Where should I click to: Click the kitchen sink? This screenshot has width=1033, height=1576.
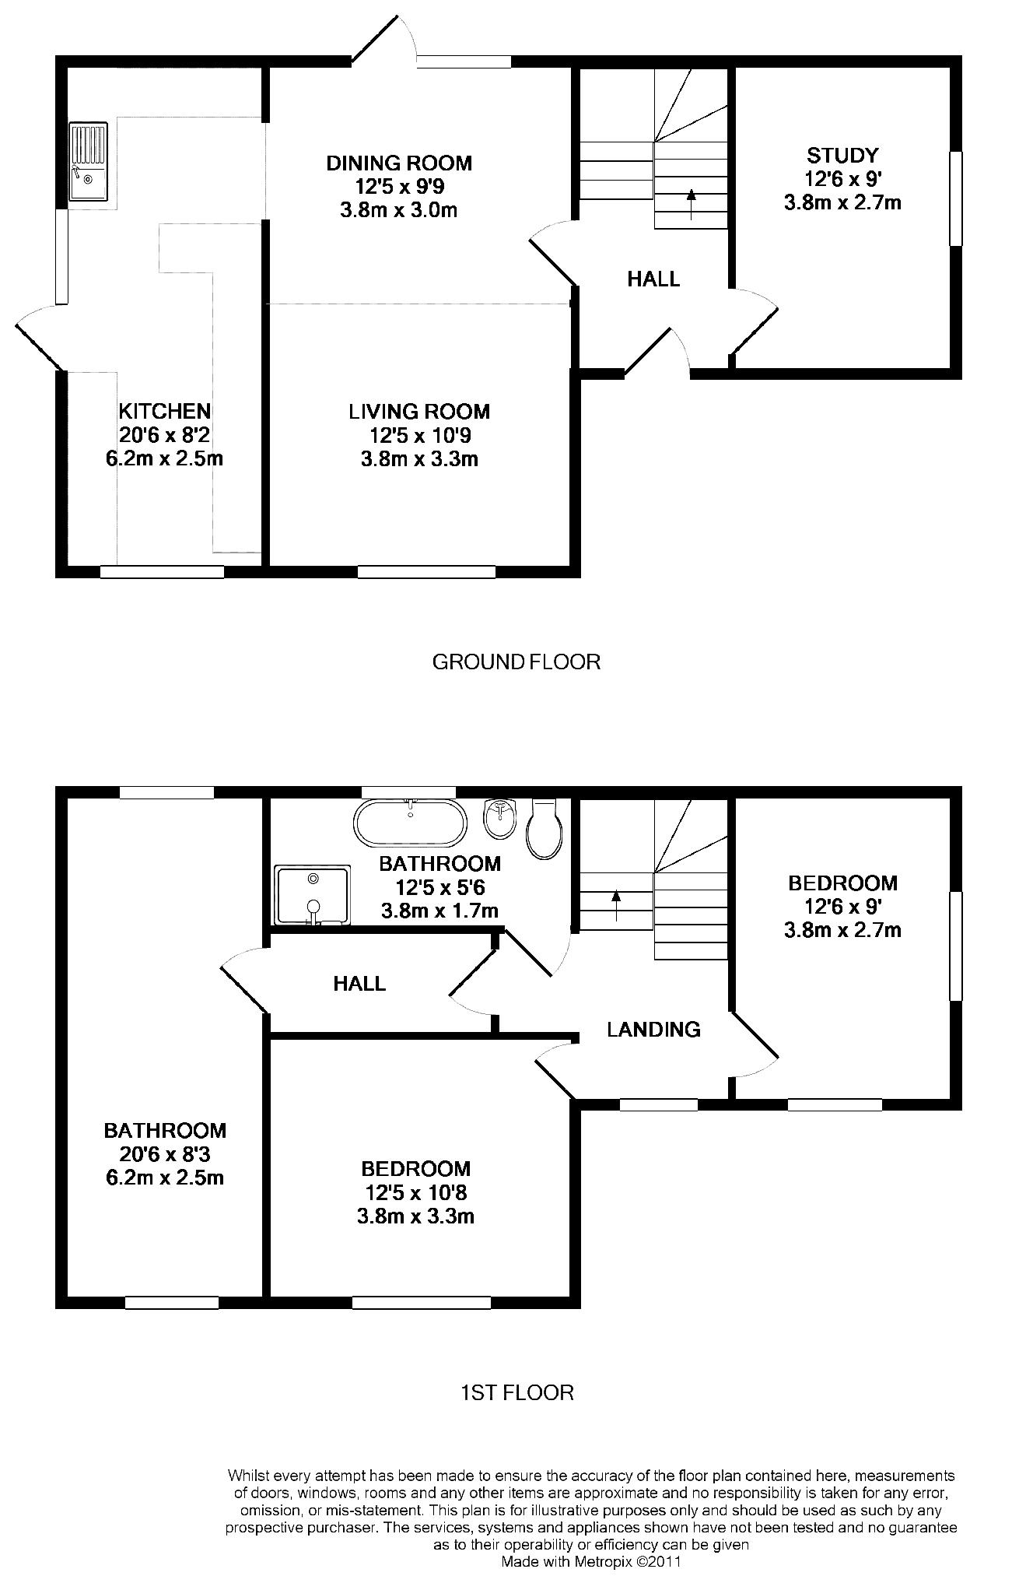click(87, 161)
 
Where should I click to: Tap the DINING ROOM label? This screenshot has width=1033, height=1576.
click(399, 163)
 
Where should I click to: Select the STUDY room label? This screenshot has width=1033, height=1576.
click(842, 155)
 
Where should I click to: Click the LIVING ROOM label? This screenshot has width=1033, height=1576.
click(419, 411)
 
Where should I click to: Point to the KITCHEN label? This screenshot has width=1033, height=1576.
click(165, 410)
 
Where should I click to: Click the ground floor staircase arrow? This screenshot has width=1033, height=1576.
click(691, 204)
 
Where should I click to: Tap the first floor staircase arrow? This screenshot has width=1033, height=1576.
click(616, 906)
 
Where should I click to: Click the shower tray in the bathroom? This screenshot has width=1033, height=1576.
click(312, 895)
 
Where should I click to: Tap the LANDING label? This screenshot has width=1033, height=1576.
click(653, 1030)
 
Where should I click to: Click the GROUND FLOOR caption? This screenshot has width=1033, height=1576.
click(516, 662)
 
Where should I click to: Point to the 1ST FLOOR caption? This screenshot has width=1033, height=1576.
click(516, 1392)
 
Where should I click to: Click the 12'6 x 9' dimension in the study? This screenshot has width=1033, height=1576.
click(842, 179)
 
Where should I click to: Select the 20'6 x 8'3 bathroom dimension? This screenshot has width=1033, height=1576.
click(166, 1153)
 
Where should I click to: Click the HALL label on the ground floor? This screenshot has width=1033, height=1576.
click(653, 279)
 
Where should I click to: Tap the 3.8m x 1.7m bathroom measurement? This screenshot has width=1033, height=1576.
click(439, 911)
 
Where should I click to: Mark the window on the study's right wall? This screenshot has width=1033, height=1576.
click(956, 198)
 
